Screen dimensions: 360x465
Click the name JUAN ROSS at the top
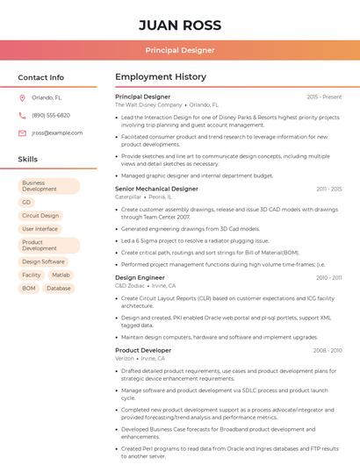tap(180, 25)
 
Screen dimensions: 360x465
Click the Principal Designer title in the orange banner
tap(180, 50)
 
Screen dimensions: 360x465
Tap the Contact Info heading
tap(41, 77)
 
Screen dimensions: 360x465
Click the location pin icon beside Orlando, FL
tap(22, 97)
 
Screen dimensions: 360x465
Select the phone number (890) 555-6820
tap(51, 115)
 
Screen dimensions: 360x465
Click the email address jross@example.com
tap(57, 132)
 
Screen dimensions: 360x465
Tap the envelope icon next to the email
tap(22, 132)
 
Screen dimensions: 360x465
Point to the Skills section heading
tap(28, 160)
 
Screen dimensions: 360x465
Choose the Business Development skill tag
tap(49, 186)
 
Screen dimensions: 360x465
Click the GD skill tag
tap(26, 202)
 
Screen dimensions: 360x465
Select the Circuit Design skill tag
tap(40, 215)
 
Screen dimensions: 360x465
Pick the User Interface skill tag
tap(40, 229)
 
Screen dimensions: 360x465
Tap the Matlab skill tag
tap(61, 275)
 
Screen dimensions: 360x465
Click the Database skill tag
tap(59, 288)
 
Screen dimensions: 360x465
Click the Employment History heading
tap(160, 77)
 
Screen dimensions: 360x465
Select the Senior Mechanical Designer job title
tap(156, 189)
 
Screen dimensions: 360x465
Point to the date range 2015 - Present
tap(324, 97)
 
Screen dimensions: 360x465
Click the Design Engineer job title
tap(139, 277)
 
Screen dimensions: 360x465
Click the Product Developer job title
tap(143, 350)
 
